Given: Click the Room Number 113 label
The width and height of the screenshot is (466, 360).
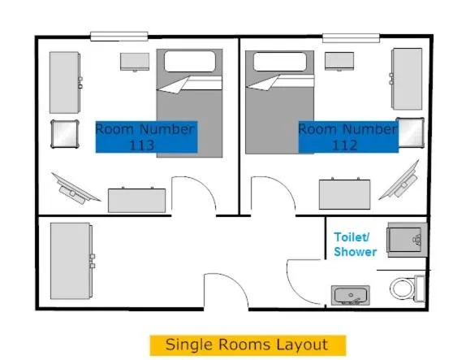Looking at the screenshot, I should (145, 137).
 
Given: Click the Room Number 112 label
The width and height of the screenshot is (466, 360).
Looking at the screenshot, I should (347, 137).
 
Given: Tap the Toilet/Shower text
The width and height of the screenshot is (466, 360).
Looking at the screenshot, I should (355, 245).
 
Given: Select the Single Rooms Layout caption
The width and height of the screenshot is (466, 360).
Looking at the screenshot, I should (247, 345).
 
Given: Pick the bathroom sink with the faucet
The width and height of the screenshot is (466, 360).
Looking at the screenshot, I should (350, 294).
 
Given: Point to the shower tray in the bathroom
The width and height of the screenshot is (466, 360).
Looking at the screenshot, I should (406, 239).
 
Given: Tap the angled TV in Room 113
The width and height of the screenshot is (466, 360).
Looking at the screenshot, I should (74, 187).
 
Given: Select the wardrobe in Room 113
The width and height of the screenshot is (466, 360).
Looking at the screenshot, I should (65, 82).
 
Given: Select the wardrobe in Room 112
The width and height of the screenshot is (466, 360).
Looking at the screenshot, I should (407, 79).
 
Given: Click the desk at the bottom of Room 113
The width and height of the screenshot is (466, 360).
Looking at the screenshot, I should (136, 199).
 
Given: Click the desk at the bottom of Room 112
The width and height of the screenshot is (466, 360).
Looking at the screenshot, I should (345, 194).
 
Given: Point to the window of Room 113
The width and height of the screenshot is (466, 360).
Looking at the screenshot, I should (119, 36).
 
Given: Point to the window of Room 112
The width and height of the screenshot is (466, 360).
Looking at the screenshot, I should (352, 37).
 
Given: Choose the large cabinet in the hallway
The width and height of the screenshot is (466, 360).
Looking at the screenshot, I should (71, 261).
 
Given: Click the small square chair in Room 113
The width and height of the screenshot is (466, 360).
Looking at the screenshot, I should (64, 133).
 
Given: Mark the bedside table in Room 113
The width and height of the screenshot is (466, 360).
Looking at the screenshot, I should (135, 62).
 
